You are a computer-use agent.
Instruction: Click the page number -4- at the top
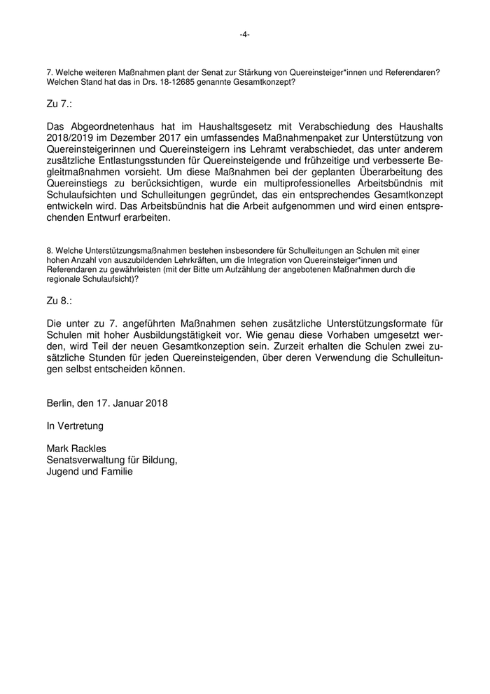click(244, 34)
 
